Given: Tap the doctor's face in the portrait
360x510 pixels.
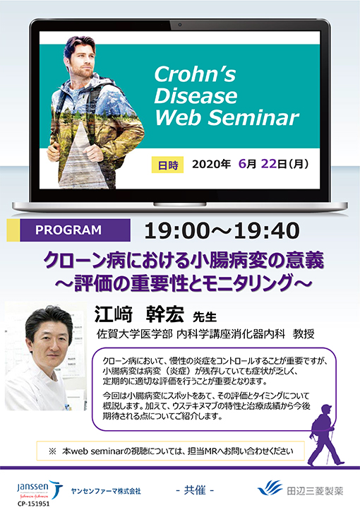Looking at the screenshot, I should [x=50, y=343].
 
